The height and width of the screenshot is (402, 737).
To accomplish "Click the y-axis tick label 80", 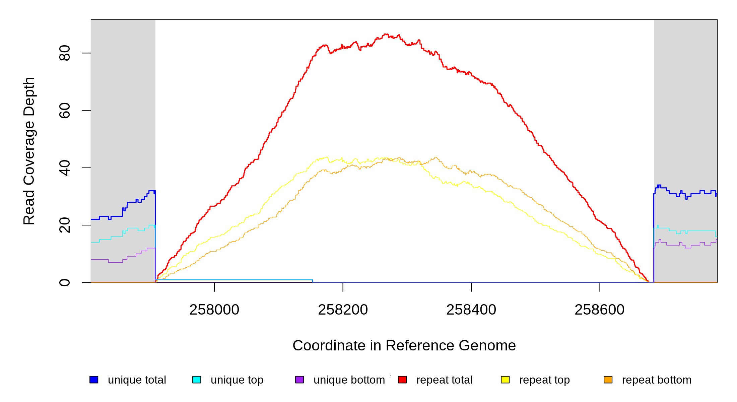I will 64,53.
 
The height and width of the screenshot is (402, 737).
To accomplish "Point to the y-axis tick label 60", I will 64,111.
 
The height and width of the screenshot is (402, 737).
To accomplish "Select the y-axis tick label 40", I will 64,168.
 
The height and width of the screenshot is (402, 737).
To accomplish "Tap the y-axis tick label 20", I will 64,225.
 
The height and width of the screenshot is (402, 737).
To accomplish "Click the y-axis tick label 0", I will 64,282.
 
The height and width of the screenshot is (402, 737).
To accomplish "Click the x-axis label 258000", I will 214,310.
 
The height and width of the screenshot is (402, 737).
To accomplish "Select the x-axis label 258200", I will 343,310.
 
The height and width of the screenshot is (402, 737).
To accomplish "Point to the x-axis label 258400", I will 471,310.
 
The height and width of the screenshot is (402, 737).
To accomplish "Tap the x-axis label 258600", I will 599,310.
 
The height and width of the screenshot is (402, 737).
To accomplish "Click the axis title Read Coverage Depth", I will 29,151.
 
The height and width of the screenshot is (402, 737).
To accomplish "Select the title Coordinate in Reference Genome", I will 404,345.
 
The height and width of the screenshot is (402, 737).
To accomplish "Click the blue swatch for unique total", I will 94,380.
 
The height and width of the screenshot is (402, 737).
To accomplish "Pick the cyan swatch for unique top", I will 197,380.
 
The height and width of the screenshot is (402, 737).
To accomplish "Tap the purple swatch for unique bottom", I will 299,380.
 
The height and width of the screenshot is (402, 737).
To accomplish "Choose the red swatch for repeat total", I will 402,380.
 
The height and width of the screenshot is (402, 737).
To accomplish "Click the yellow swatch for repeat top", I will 505,380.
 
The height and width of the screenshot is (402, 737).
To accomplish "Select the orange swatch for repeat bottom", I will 608,380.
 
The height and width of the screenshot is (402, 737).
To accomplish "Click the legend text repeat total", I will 444,380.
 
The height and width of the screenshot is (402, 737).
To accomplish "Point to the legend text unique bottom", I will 349,380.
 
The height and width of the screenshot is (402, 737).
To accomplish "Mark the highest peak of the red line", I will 386,34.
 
